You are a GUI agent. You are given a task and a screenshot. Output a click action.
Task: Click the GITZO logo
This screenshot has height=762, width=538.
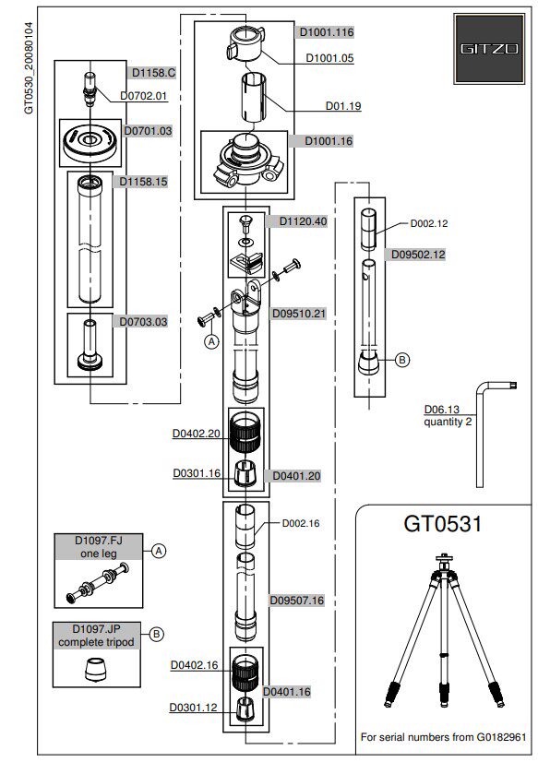[489, 49]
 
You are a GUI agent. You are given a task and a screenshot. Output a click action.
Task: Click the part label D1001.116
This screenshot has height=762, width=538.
[326, 32]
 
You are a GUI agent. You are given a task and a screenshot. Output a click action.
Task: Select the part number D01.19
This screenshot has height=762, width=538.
[343, 105]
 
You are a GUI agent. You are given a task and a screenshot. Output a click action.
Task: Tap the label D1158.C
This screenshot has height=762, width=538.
[153, 73]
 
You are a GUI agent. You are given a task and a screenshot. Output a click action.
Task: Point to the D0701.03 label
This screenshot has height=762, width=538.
[148, 131]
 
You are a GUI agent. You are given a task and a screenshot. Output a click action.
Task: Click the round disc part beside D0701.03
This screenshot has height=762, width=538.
[90, 142]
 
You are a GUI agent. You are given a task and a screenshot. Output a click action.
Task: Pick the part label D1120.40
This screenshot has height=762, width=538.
[303, 221]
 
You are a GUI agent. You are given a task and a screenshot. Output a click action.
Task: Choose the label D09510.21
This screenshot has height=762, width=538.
[298, 314]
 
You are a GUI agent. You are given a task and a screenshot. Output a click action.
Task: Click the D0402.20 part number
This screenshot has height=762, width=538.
[197, 434]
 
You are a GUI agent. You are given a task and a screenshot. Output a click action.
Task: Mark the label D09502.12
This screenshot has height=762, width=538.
[418, 255]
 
